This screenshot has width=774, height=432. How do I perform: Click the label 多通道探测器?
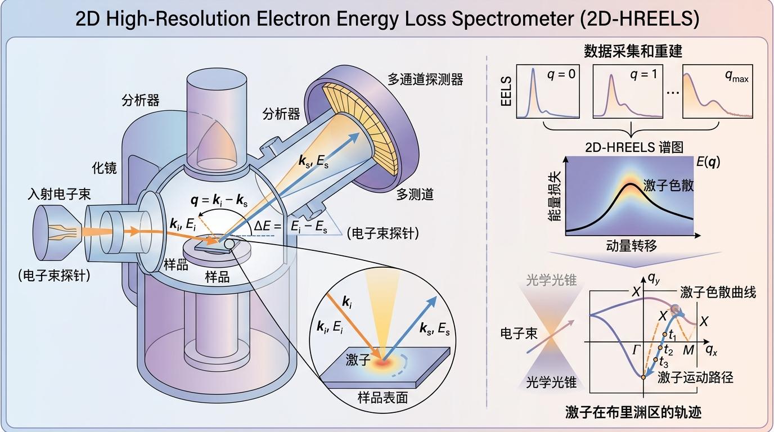tap(425, 79)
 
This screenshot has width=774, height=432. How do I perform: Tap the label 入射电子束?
tap(59, 195)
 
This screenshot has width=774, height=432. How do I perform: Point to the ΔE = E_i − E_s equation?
tap(292, 226)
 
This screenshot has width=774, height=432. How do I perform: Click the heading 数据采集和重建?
tap(632, 52)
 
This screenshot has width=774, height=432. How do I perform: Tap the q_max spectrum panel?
tap(718, 91)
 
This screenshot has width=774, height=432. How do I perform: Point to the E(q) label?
tap(707, 162)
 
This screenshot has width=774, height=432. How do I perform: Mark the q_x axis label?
tap(711, 350)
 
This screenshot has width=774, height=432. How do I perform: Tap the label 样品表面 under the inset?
tap(382, 398)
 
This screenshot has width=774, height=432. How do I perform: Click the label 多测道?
tap(415, 195)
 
